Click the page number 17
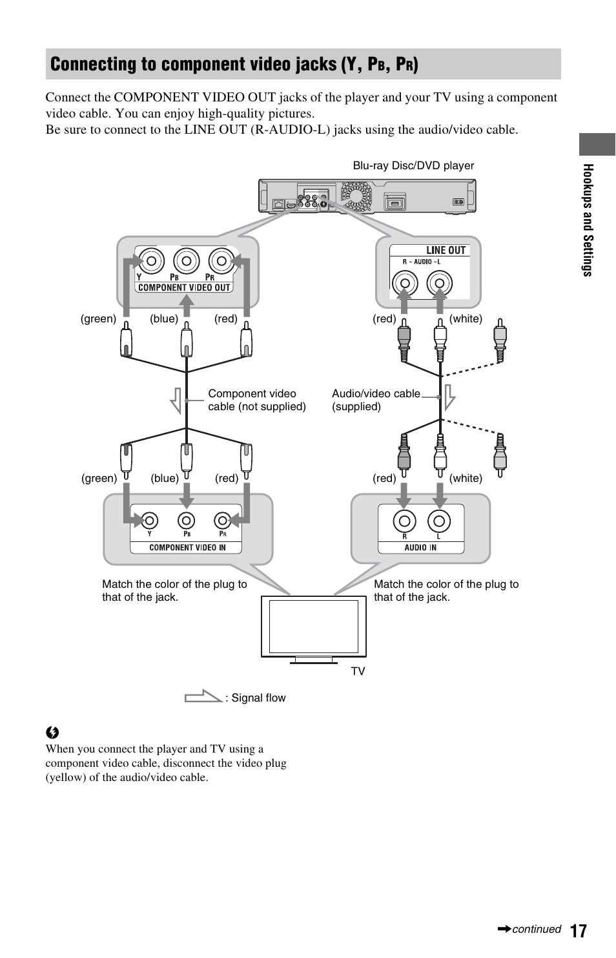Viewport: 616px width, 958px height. (x=579, y=930)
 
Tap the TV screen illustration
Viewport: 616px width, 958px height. (x=314, y=625)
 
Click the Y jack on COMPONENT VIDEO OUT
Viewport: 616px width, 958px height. (x=150, y=261)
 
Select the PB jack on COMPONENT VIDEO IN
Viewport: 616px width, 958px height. (x=186, y=521)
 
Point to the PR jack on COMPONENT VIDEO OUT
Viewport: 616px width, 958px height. (x=221, y=261)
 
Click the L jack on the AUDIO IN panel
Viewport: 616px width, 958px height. (x=438, y=521)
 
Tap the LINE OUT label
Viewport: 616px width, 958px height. (x=446, y=251)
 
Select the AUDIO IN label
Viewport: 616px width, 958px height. (x=420, y=547)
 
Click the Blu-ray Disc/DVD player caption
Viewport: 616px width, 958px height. (x=413, y=165)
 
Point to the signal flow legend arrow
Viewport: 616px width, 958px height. (x=203, y=696)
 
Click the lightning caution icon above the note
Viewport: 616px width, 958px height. (x=52, y=733)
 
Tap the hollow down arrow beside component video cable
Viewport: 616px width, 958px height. (x=176, y=401)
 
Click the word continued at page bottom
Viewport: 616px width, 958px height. (x=536, y=929)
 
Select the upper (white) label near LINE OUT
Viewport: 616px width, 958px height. (x=466, y=318)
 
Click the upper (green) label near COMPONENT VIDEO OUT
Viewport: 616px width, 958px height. (x=98, y=318)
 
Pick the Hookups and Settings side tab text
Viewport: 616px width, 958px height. (x=588, y=220)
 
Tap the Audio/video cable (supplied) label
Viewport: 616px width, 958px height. (x=375, y=400)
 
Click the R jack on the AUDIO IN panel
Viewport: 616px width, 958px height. (x=405, y=521)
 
